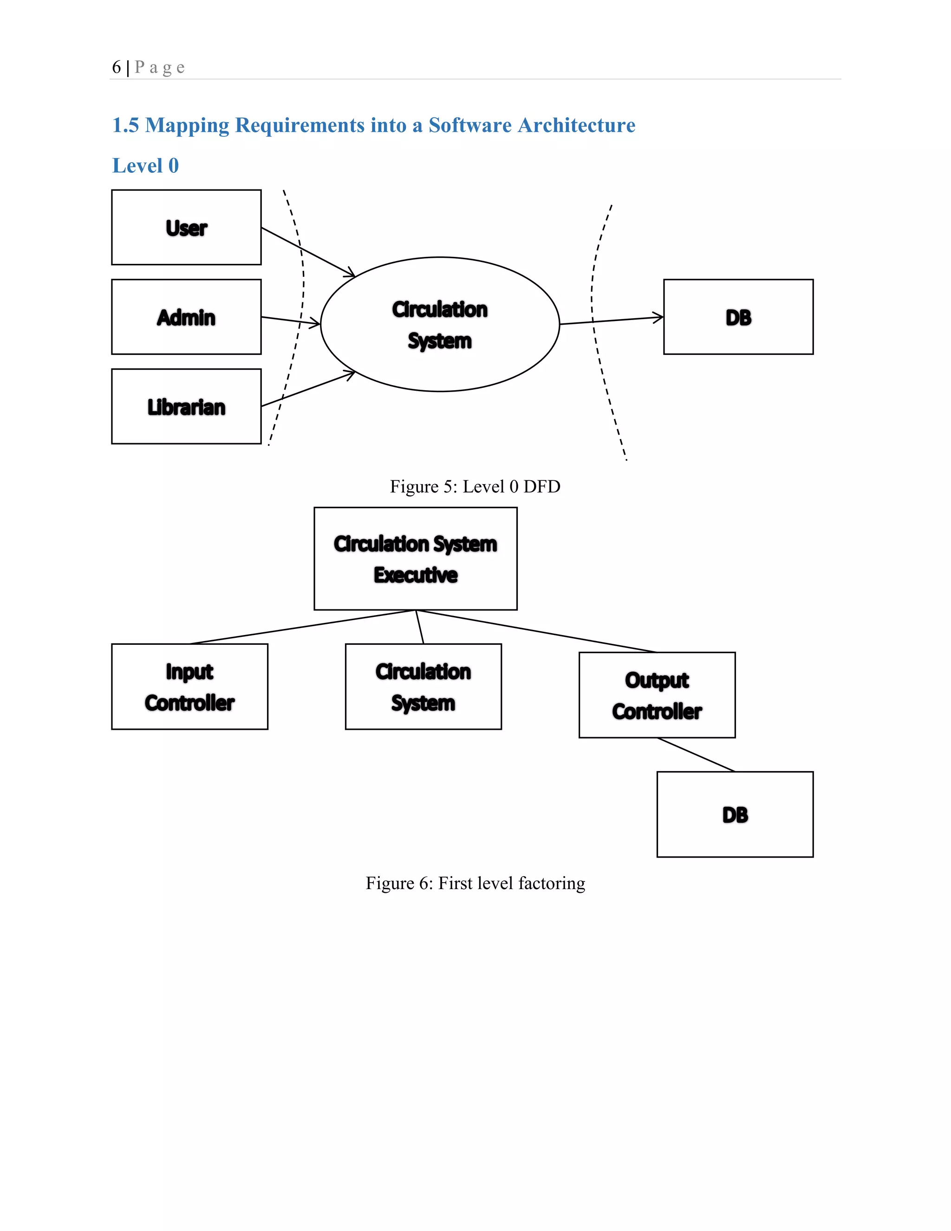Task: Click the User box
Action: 186,227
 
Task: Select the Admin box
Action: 186,317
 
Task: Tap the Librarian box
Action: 186,406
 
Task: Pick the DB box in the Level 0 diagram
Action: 738,317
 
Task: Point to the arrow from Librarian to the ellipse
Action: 307,389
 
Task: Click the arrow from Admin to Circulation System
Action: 290,320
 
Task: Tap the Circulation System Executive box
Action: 415,558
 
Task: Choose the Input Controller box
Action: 189,687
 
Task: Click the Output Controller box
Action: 657,695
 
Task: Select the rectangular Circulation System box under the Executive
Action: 423,687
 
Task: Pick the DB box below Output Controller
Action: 735,814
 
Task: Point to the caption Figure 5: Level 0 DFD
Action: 475,486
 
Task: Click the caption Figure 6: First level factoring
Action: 475,883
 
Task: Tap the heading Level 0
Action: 145,166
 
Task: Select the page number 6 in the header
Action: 117,67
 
